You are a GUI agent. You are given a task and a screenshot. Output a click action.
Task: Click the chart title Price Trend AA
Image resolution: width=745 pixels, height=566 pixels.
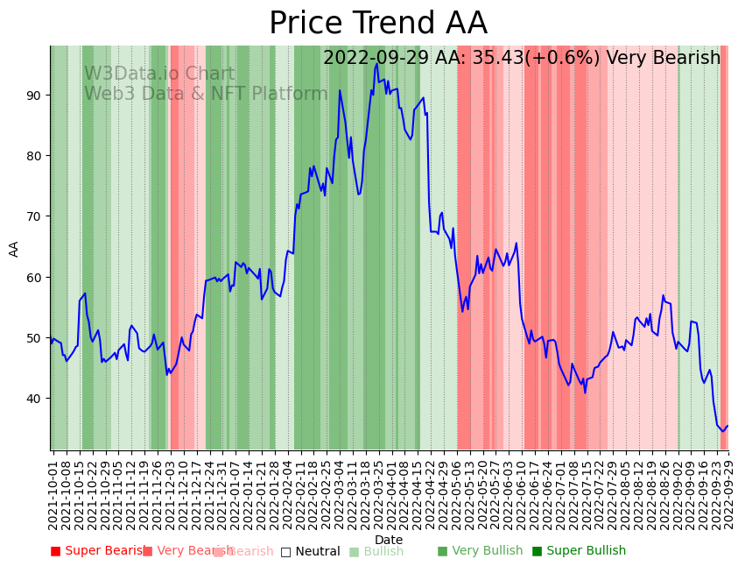tap(377, 24)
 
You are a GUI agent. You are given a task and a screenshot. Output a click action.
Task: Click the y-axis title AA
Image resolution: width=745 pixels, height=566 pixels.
tap(14, 249)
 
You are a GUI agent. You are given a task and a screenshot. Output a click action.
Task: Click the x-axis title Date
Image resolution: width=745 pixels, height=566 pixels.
tap(389, 540)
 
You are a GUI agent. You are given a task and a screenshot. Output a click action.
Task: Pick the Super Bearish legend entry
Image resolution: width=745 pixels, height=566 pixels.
tap(98, 551)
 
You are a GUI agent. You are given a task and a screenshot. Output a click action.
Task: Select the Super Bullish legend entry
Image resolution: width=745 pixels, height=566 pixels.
tap(579, 551)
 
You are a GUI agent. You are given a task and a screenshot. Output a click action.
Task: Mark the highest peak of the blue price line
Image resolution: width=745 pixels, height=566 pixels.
tap(376, 64)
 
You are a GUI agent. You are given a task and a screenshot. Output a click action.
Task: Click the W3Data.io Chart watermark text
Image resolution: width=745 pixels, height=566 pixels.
tap(159, 74)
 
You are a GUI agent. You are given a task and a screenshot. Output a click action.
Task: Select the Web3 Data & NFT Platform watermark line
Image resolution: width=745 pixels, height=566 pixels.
tap(206, 94)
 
